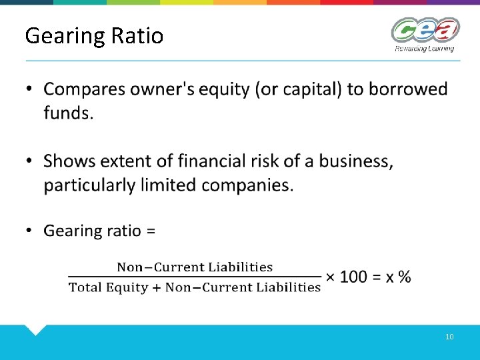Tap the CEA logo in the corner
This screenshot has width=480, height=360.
coord(425,30)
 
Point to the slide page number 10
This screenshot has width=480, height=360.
coord(449,337)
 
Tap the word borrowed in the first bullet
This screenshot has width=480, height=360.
coord(406,89)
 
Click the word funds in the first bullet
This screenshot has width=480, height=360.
coord(67,113)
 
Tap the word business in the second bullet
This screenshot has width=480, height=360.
coord(355,161)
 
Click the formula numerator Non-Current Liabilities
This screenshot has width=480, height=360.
coord(195,267)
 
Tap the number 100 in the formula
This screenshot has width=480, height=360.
coord(353,277)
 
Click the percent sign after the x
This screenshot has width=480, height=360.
coord(404,277)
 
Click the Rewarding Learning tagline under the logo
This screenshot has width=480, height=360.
coord(424,48)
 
